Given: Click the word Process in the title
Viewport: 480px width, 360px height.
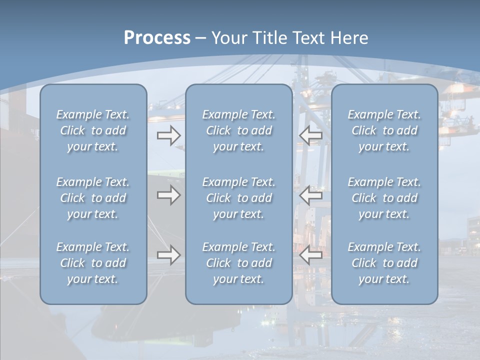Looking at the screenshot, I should coord(157,38).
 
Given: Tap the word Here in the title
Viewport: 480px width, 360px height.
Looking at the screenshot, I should coord(349,38).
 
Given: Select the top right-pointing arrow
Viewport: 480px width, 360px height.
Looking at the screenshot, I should coord(168,135).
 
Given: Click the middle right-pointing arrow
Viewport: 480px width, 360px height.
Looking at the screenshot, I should coord(168,195).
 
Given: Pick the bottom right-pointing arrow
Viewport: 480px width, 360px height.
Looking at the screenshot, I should coord(168,255).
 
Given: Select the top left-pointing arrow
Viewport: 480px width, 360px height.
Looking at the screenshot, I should coord(310,135).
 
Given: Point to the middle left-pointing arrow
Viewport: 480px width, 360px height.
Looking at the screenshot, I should coord(310,195).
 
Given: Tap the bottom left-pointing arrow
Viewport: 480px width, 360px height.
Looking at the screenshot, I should coord(310,255).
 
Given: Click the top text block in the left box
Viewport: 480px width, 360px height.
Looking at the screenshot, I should coord(93,130).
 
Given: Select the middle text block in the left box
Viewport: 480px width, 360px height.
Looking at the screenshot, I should coord(93,198).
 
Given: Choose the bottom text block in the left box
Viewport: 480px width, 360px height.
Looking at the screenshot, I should coord(93,263).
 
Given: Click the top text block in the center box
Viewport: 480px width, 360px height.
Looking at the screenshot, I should coord(239,130).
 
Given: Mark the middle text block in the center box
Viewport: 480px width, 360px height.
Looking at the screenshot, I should coord(239,198).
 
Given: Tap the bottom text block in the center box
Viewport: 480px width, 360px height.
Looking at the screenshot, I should coord(239,263).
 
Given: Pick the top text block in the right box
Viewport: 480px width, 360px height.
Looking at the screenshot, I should coord(384,130).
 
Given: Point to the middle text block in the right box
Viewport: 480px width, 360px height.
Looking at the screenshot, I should coord(384,198).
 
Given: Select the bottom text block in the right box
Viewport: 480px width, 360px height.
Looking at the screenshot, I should coord(384,263).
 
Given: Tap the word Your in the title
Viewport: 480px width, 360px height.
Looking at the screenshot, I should coord(228,38).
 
